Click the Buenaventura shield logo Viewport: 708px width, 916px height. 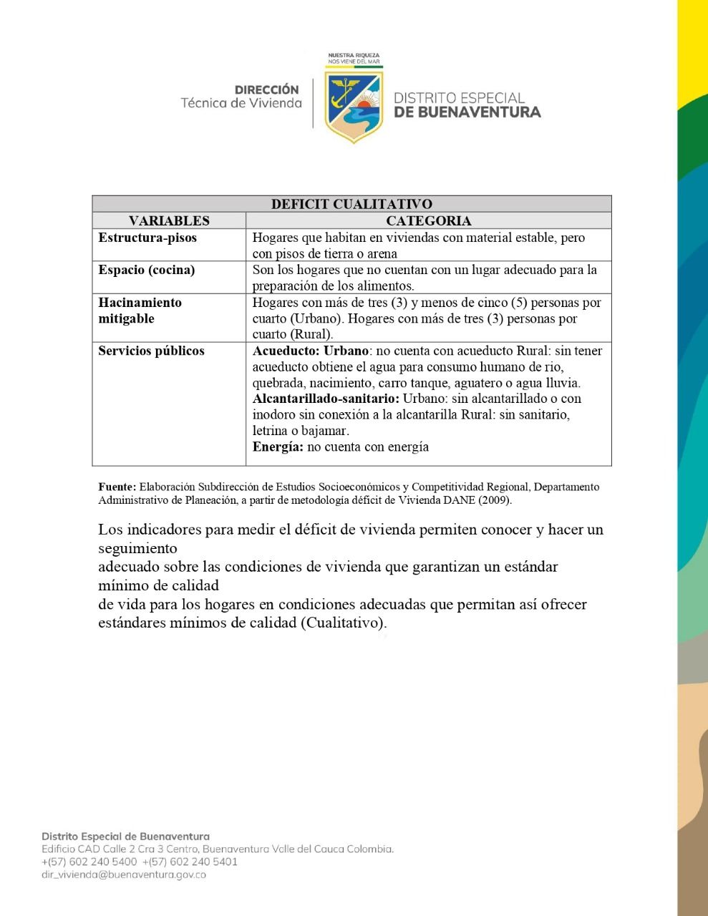point(354,102)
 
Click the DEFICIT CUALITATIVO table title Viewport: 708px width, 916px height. point(351,204)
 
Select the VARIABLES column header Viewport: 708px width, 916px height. point(169,221)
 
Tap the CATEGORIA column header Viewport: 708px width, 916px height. point(428,221)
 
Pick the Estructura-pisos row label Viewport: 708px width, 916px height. point(147,238)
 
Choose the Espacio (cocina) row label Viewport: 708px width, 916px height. point(147,270)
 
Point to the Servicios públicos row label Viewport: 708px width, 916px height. point(151,351)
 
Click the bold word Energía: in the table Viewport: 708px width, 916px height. point(278,447)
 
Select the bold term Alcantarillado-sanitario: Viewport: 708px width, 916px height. point(326,399)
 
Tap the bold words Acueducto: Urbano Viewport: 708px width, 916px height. point(311,351)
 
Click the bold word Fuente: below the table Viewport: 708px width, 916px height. point(117,487)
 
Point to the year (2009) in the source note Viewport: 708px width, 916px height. point(495,500)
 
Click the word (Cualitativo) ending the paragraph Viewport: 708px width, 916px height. point(344,623)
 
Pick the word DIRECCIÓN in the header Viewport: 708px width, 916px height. point(266,90)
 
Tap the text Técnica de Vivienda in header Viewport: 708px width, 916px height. point(241,103)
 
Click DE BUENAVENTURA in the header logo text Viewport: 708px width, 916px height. point(467,112)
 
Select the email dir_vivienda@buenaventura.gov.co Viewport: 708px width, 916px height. point(124,874)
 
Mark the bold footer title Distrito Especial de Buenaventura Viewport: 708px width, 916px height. point(125,836)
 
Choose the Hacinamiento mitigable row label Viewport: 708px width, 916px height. point(140,311)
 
